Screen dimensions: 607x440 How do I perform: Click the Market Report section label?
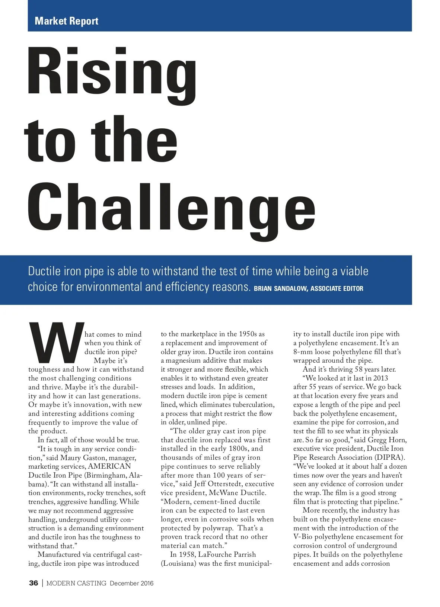(x=66, y=21)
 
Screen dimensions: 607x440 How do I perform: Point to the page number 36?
(x=34, y=583)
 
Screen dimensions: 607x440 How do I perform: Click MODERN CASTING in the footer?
(x=76, y=583)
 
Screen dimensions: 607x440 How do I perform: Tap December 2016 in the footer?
(x=131, y=583)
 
